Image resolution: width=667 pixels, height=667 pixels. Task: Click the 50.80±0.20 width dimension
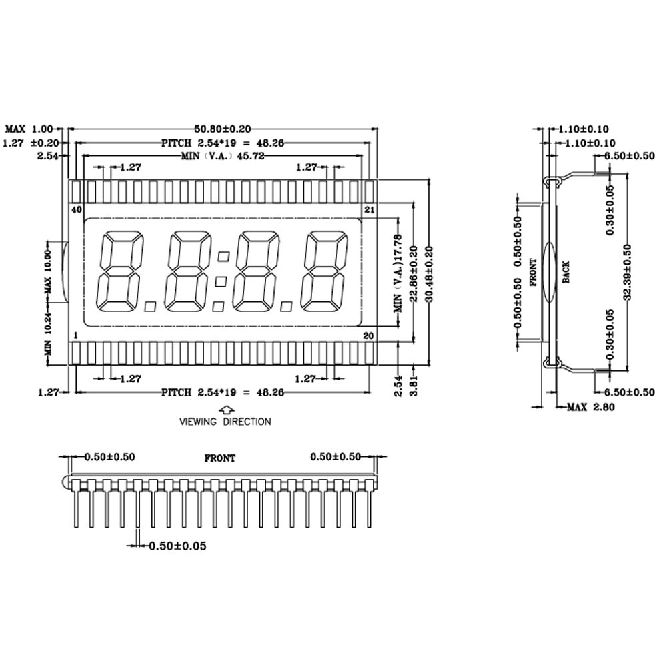pyautogui.click(x=223, y=128)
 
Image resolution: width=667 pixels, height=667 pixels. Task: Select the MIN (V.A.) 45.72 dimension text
pyautogui.click(x=223, y=156)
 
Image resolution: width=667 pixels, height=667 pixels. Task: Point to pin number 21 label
pyautogui.click(x=368, y=209)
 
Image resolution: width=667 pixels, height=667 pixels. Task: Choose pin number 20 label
pyautogui.click(x=368, y=335)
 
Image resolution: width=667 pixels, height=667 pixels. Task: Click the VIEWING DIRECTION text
pyautogui.click(x=225, y=422)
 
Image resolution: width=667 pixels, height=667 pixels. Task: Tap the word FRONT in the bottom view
pyautogui.click(x=219, y=458)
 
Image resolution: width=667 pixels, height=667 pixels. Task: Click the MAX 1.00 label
pyautogui.click(x=29, y=128)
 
